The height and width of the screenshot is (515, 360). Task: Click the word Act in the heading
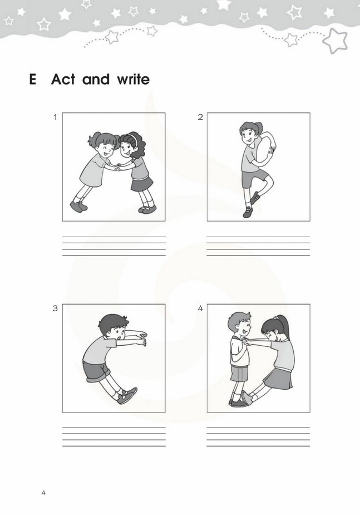(63, 80)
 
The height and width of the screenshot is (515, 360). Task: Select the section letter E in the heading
(32, 80)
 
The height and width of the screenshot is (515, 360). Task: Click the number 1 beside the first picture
(55, 117)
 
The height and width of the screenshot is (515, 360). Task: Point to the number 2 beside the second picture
(200, 117)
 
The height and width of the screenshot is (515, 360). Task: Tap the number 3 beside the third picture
(55, 308)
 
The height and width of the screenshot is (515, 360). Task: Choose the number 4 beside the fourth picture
(200, 308)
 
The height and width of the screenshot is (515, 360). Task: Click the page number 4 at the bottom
(43, 493)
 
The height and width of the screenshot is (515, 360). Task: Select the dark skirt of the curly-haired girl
(142, 184)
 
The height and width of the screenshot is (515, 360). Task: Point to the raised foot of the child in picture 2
(255, 198)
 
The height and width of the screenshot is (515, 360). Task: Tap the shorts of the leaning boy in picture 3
(96, 371)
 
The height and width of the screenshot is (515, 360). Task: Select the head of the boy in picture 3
(113, 327)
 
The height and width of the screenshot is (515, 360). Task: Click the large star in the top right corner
(335, 41)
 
